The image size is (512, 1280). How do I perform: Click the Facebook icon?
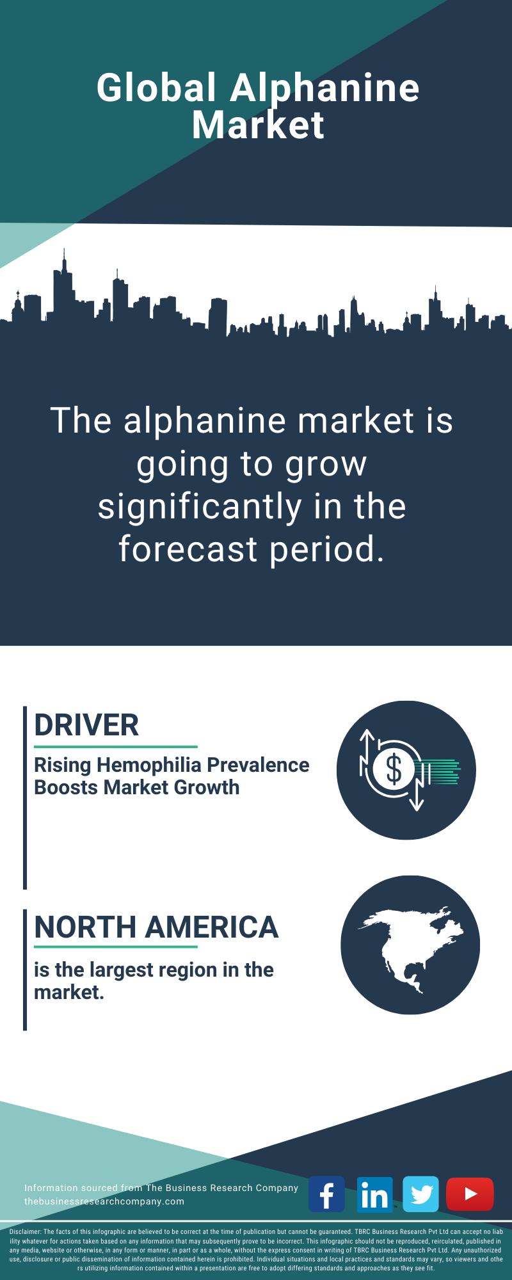(x=326, y=1194)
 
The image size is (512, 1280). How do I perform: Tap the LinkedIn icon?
(x=374, y=1194)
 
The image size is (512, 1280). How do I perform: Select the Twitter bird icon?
(x=421, y=1194)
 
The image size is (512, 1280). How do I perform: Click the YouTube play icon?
(x=470, y=1194)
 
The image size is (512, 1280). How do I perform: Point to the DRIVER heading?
(x=86, y=725)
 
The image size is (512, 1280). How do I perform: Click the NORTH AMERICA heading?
(x=156, y=927)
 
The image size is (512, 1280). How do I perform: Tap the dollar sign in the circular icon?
(x=394, y=769)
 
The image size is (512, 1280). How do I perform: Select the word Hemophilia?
(x=149, y=765)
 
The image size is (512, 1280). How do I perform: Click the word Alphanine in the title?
(x=324, y=88)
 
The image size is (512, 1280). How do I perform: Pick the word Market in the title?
(x=258, y=125)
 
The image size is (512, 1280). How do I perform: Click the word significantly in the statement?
(x=200, y=507)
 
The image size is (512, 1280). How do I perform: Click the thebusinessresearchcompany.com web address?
(x=104, y=1201)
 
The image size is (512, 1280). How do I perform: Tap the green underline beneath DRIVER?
(x=116, y=747)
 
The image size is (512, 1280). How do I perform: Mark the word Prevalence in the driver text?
(x=259, y=765)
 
